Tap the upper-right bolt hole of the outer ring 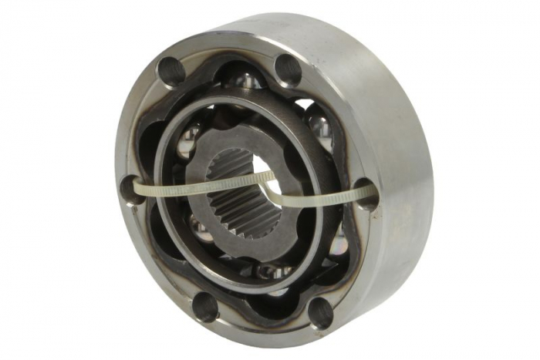287,69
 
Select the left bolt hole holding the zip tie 132,189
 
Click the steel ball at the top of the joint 245,79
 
